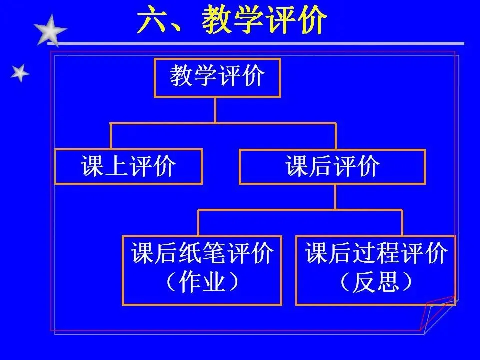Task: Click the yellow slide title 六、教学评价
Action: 232,21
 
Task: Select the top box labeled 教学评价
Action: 217,77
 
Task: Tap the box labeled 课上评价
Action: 128,166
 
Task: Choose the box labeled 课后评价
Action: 332,166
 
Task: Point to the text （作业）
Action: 202,284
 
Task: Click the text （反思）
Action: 376,284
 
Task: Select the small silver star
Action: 20,73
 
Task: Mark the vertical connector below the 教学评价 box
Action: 215,110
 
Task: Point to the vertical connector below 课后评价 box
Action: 335,197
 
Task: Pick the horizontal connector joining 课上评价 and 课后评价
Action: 223,123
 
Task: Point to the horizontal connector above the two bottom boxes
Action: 300,210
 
